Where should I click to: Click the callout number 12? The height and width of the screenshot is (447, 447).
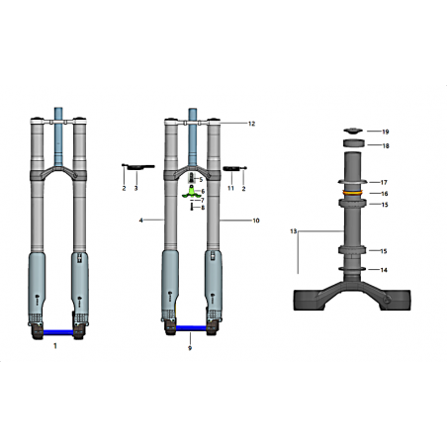251,124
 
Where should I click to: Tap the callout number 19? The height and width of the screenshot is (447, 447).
386,132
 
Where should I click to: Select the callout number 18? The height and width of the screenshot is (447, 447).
386,145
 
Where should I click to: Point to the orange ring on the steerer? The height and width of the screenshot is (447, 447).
352,193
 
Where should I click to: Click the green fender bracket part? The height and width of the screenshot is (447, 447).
191,193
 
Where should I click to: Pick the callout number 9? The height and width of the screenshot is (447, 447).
190,348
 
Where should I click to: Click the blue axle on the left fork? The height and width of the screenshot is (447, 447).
58,332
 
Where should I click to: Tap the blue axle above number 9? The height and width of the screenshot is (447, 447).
191,328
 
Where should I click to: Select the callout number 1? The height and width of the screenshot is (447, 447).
55,346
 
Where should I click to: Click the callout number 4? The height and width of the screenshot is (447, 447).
140,221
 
